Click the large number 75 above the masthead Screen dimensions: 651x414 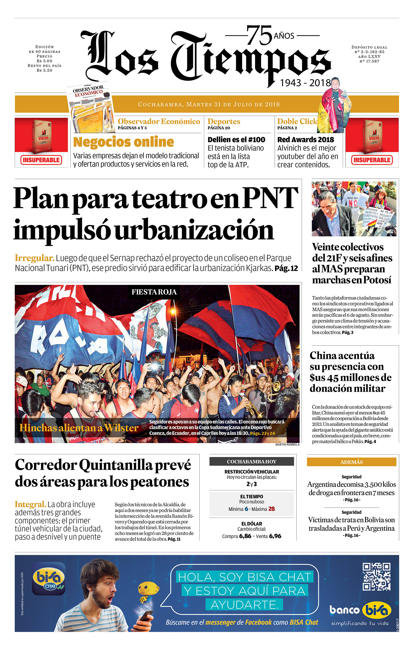coord(259,35)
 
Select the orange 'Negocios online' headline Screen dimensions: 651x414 coord(123,142)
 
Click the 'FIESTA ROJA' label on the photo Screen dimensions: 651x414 coord(154,292)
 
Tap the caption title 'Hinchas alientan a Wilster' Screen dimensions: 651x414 coord(79,428)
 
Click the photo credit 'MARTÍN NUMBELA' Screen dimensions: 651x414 coord(287,444)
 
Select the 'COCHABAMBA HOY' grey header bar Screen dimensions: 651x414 coord(251,462)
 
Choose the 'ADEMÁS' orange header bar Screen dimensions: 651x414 coord(351,462)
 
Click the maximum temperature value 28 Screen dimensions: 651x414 coord(271,509)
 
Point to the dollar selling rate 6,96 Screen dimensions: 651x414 coord(275,536)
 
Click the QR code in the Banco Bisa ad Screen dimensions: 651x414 coord(376,577)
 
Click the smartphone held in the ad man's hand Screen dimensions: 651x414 coord(145,617)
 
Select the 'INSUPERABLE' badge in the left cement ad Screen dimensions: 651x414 coord(41,160)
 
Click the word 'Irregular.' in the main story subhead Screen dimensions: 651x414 coord(34,258)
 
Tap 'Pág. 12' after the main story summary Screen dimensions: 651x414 coord(286,269)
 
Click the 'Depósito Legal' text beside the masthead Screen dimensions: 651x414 coord(369,47)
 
